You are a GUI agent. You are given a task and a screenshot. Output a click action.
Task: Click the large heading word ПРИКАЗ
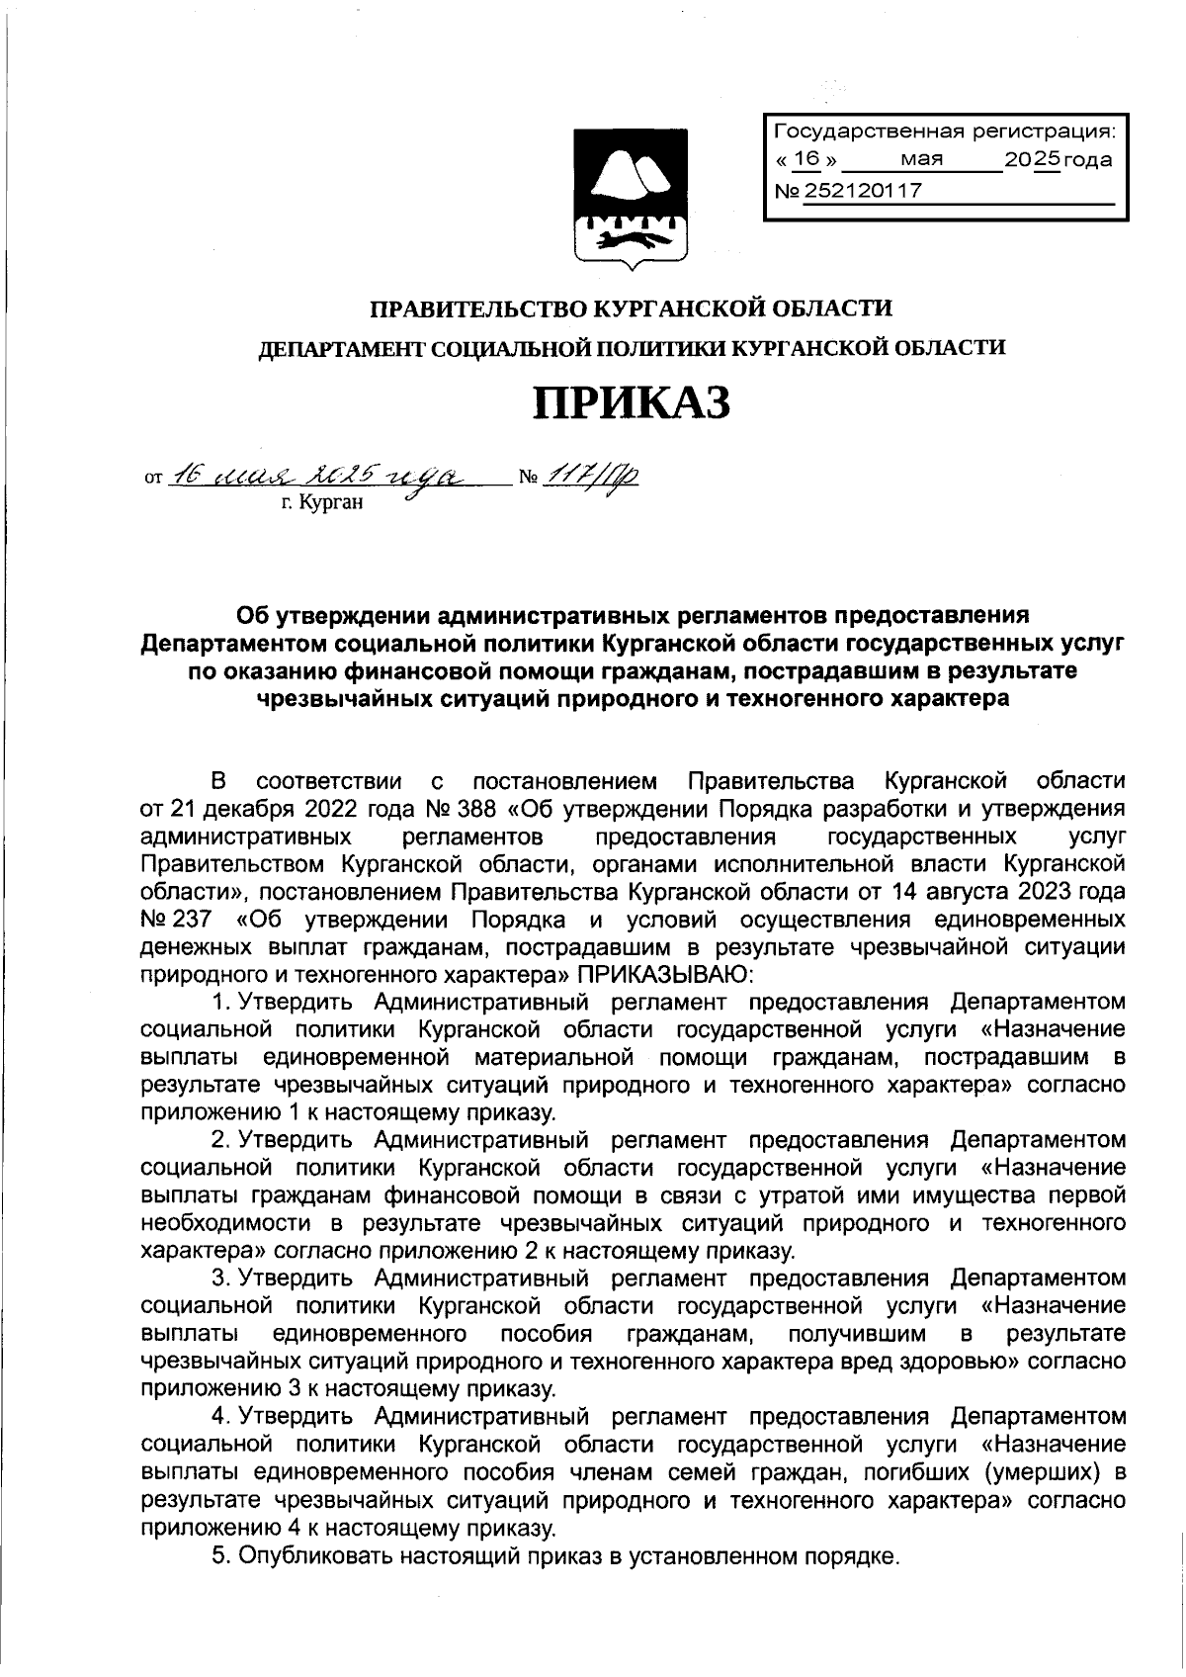coord(632,403)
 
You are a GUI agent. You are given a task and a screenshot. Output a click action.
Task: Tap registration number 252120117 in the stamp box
coord(863,191)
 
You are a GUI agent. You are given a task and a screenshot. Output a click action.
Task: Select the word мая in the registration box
coord(921,159)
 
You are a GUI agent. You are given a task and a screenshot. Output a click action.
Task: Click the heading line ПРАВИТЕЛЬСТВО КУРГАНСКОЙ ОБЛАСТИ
coord(632,309)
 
